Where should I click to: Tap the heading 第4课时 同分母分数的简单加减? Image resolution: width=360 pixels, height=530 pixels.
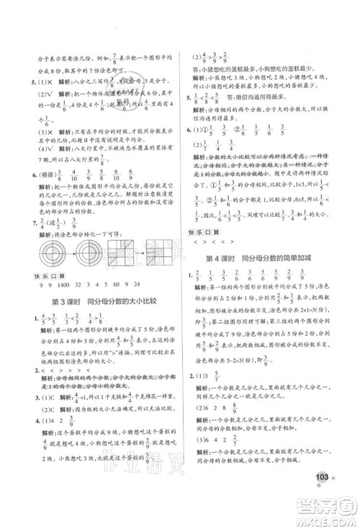tap(264, 259)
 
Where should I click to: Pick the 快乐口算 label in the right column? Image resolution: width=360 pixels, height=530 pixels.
tap(202, 233)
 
